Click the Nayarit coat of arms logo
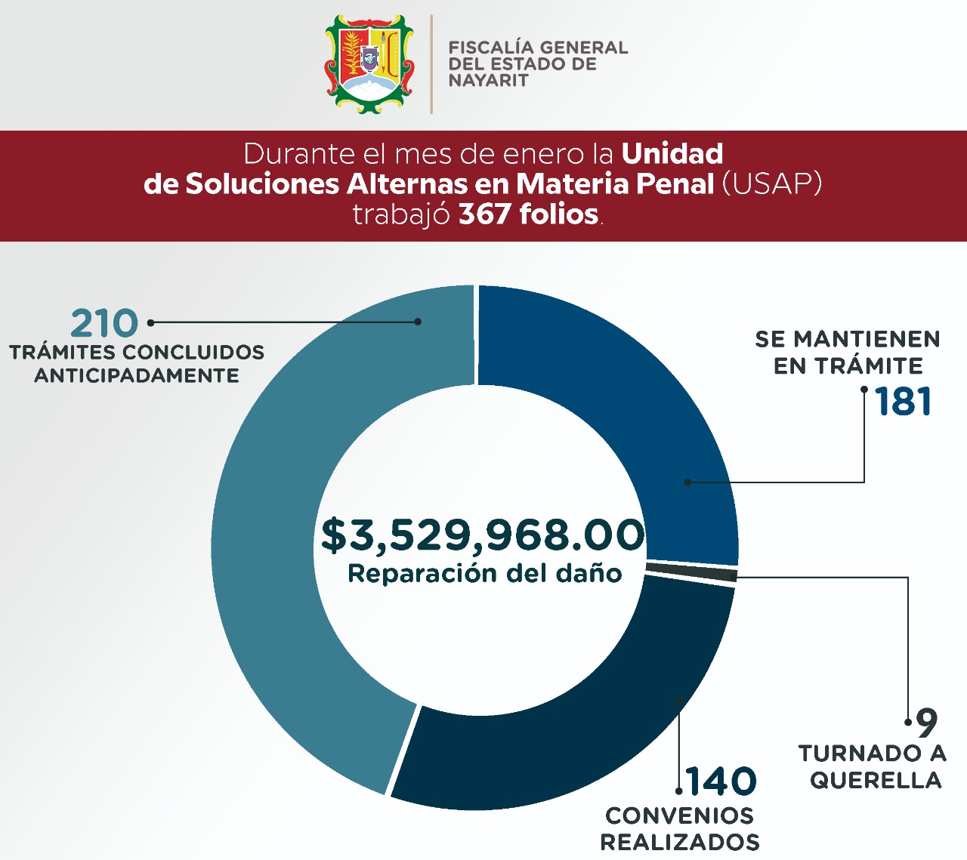pos(369,64)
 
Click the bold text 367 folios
pos(529,214)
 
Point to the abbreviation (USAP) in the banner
pos(771,183)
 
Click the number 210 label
pos(104,324)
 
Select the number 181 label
pos(904,402)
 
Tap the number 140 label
pos(721,781)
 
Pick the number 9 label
pos(926,723)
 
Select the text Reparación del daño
pos(484,574)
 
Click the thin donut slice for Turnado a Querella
pos(691,572)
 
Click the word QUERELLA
pos(876,780)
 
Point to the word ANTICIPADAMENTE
pos(137,375)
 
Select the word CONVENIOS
pos(679,815)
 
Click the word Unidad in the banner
pos(672,154)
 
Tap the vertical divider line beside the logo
pos(431,64)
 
